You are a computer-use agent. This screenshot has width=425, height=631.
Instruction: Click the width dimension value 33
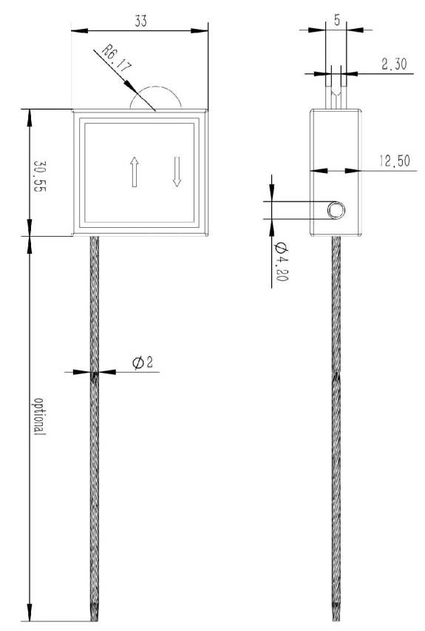tap(140, 21)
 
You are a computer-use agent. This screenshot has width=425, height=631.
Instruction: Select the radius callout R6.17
tap(116, 58)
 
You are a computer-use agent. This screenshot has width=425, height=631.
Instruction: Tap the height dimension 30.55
tap(39, 176)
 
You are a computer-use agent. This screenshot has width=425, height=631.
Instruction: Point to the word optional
tap(39, 416)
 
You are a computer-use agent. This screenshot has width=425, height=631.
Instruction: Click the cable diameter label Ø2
tap(143, 362)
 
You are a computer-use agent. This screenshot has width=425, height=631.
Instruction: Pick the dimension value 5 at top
tap(336, 20)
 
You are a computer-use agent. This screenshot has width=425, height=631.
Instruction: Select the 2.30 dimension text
tap(394, 64)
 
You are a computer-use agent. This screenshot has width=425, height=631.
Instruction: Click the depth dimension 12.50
tap(395, 161)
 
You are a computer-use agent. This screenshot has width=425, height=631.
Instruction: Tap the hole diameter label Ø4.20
tap(281, 262)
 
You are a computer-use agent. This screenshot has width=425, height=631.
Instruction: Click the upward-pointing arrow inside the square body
tap(135, 172)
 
